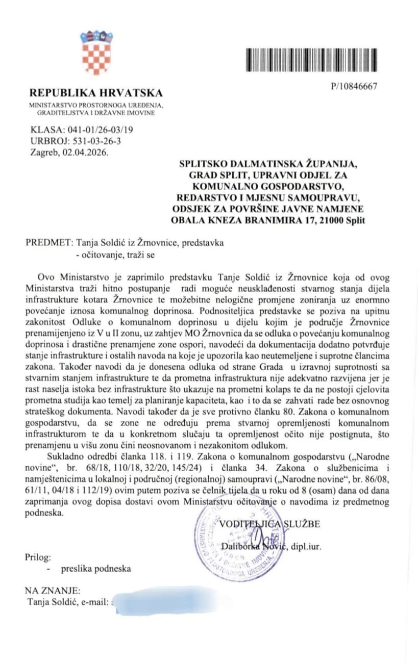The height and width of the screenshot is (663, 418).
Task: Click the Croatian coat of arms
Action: click(x=96, y=53)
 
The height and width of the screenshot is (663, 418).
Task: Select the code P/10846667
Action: click(x=354, y=86)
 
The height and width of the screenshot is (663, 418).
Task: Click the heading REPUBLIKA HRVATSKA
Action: click(x=96, y=93)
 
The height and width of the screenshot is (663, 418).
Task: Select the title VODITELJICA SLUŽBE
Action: click(x=271, y=524)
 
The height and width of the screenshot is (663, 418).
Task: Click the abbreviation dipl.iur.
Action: click(x=307, y=547)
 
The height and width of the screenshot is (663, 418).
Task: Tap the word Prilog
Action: click(x=38, y=557)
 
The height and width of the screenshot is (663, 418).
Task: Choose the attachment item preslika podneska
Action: click(x=96, y=569)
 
